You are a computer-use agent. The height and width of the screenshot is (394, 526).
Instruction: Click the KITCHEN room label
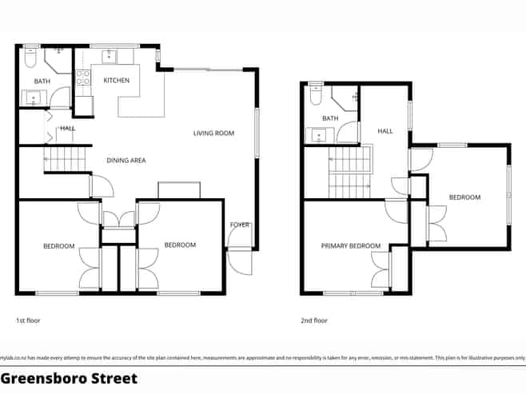tap(117, 80)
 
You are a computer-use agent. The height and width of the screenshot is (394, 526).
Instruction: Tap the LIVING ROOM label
tap(213, 133)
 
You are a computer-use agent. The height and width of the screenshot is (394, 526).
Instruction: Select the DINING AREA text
tap(126, 161)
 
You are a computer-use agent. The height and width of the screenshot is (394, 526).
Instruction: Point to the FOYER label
tap(240, 225)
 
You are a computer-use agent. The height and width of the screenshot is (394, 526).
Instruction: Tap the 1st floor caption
tap(28, 320)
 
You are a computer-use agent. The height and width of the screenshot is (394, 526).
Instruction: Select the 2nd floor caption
tap(314, 320)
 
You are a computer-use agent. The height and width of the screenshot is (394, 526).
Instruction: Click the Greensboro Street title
tap(69, 378)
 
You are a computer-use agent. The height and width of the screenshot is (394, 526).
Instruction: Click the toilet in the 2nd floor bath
tap(316, 94)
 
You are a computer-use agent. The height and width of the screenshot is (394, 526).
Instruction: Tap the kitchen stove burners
tap(82, 78)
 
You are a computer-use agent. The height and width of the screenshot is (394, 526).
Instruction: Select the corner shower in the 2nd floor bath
tap(346, 100)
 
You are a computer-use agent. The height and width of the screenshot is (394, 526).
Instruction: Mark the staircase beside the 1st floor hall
tap(66, 159)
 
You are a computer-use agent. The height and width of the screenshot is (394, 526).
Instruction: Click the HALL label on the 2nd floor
tap(386, 131)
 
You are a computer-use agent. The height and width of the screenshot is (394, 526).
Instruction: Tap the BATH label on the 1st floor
tap(42, 82)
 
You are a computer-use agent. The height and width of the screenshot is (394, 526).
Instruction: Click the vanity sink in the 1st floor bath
tap(34, 100)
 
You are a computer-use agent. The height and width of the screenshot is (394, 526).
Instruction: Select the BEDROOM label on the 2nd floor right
tap(464, 197)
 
